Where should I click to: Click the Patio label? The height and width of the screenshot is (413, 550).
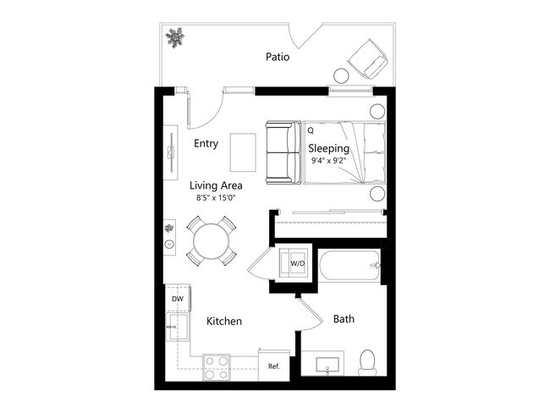tap(278, 58)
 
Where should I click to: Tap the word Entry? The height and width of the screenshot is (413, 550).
tap(206, 143)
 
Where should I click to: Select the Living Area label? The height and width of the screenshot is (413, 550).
tap(216, 185)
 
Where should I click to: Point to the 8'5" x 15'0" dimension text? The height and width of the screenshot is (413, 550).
tap(216, 198)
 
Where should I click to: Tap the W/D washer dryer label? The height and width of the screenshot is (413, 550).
tap(297, 263)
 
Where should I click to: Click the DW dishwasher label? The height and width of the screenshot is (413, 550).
tap(178, 299)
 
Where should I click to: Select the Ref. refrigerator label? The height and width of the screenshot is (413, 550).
tap(274, 366)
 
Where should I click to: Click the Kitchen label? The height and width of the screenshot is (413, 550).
tap(224, 322)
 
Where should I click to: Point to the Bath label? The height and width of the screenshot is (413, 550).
tap(344, 319)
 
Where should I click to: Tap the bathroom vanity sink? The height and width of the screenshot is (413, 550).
tap(326, 366)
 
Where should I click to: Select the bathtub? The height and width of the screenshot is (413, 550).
tap(349, 266)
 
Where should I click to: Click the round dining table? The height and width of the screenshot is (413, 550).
tap(211, 241)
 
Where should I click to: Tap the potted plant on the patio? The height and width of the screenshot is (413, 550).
tap(175, 37)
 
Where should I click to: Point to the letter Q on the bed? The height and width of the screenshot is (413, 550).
tap(311, 131)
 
